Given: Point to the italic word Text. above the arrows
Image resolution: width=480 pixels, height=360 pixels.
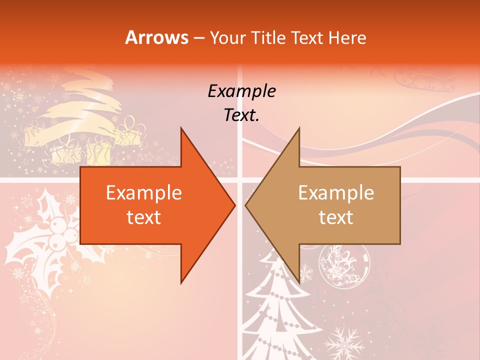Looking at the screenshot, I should click(241, 115).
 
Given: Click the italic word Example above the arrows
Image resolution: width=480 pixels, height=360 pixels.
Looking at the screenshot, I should click(241, 91).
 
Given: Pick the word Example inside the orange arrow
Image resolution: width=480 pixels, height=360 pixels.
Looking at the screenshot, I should click(144, 193).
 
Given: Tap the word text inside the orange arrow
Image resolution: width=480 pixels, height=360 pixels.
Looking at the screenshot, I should click(144, 217).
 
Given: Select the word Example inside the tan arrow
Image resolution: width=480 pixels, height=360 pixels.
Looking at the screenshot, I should click(336, 193).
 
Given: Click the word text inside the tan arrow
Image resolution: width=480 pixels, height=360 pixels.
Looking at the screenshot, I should click(336, 217).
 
